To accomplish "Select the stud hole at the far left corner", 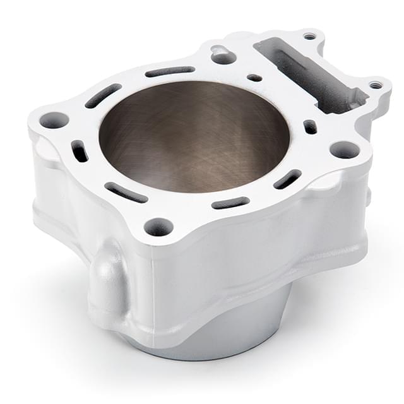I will (x=54, y=120).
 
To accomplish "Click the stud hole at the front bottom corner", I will (x=158, y=226).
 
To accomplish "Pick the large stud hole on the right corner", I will (x=345, y=150).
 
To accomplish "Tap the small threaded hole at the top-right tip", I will (x=309, y=36).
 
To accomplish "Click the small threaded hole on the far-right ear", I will (x=377, y=85).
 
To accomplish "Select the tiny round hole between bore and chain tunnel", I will (x=254, y=78).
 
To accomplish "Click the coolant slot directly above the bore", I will (x=170, y=71).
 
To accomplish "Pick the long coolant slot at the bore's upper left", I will (x=103, y=95).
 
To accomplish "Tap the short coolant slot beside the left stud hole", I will (x=80, y=151).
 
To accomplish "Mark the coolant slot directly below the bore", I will (x=230, y=203).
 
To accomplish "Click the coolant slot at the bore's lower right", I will (x=287, y=179).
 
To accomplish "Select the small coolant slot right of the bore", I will (x=310, y=127).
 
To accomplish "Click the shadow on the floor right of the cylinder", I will (x=335, y=303).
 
